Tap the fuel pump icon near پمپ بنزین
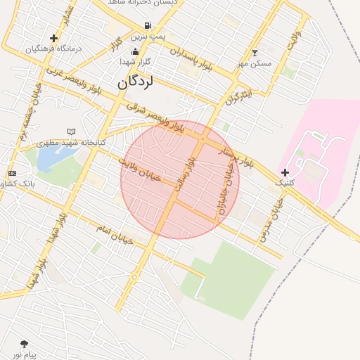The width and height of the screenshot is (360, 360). pyautogui.click(x=147, y=26)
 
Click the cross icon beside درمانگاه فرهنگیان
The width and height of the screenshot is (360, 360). pyautogui.click(x=53, y=38)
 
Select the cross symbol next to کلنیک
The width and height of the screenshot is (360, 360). pyautogui.click(x=285, y=172)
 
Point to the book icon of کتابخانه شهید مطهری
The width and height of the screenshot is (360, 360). pyautogui.click(x=70, y=131)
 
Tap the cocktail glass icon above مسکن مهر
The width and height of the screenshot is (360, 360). pyautogui.click(x=255, y=53)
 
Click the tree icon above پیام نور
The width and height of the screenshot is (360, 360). pyautogui.click(x=25, y=344)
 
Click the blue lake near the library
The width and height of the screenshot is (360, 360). pyautogui.click(x=47, y=158)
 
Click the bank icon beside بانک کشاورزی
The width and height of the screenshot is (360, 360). pyautogui.click(x=12, y=173)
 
